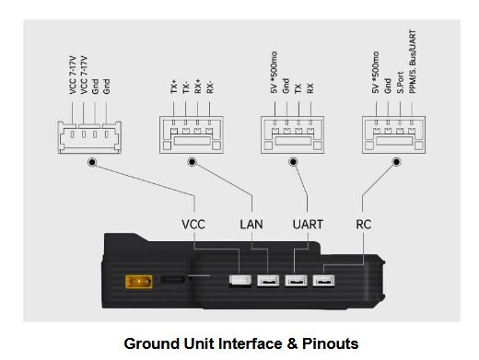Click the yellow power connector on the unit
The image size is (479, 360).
coord(139,282)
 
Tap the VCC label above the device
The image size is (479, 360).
coord(193,225)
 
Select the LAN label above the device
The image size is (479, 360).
coord(251,225)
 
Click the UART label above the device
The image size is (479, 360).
coord(308,225)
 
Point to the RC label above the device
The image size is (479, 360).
coord(364,225)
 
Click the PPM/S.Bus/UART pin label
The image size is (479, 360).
coord(413,62)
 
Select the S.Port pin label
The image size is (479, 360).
coord(400,83)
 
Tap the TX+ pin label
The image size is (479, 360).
coord(174,87)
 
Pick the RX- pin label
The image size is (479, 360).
coord(210,87)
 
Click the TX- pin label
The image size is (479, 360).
coord(186,87)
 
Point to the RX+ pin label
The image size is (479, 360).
coord(198,86)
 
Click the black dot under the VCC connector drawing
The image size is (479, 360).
coord(92,162)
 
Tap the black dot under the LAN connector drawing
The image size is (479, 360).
coord(192,162)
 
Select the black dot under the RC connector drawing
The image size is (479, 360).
coord(396,162)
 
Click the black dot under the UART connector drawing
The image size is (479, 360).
coord(293,162)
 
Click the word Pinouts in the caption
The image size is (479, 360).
coord(331,343)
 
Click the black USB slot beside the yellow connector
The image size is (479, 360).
coord(172,280)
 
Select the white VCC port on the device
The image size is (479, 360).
coord(240,281)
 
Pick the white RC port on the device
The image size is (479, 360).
coord(323,281)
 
